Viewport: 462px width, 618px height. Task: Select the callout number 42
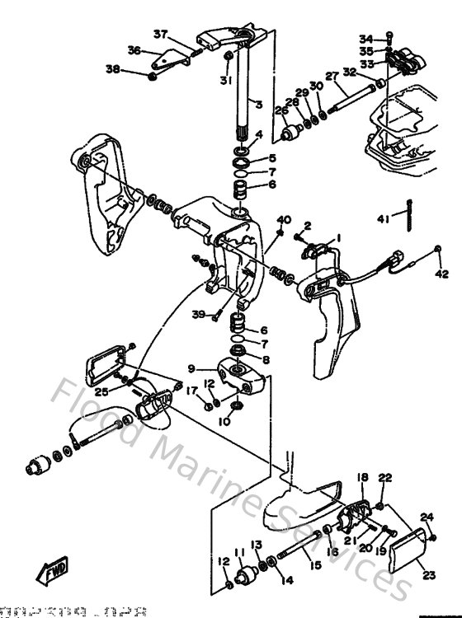pyautogui.click(x=442, y=274)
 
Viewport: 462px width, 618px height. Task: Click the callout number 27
pyautogui.click(x=332, y=77)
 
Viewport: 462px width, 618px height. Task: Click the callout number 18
pyautogui.click(x=361, y=478)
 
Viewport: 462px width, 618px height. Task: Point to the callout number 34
pyautogui.click(x=365, y=38)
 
